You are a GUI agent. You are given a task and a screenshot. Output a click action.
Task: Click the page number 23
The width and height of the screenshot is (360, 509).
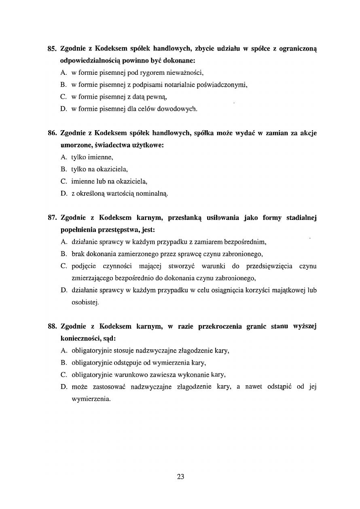coord(180,477)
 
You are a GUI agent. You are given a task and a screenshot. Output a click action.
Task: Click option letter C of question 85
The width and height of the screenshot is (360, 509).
coord(63,97)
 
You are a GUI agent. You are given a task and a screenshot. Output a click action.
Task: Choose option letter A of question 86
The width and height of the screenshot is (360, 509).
coord(64,157)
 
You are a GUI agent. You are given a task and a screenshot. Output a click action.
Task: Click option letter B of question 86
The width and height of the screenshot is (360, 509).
coord(63,169)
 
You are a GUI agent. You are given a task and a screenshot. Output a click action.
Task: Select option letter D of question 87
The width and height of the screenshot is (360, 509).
coord(64,290)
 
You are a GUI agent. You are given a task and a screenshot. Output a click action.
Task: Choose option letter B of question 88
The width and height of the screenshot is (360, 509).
coord(63,363)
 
